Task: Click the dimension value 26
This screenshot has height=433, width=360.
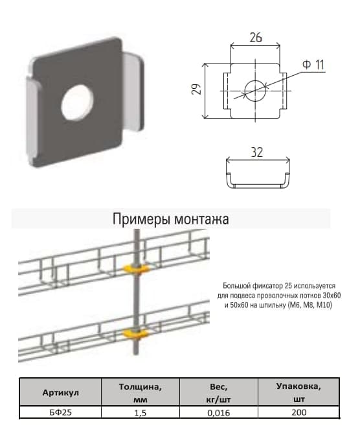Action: click(x=255, y=38)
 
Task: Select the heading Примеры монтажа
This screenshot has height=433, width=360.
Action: click(x=170, y=219)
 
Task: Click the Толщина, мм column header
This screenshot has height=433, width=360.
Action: click(x=140, y=393)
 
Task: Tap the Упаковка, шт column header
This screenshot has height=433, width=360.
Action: click(x=298, y=393)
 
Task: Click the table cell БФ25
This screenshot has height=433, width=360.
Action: click(x=60, y=412)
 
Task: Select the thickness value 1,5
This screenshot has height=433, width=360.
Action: click(x=140, y=412)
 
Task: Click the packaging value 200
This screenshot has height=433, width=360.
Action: click(x=298, y=412)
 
